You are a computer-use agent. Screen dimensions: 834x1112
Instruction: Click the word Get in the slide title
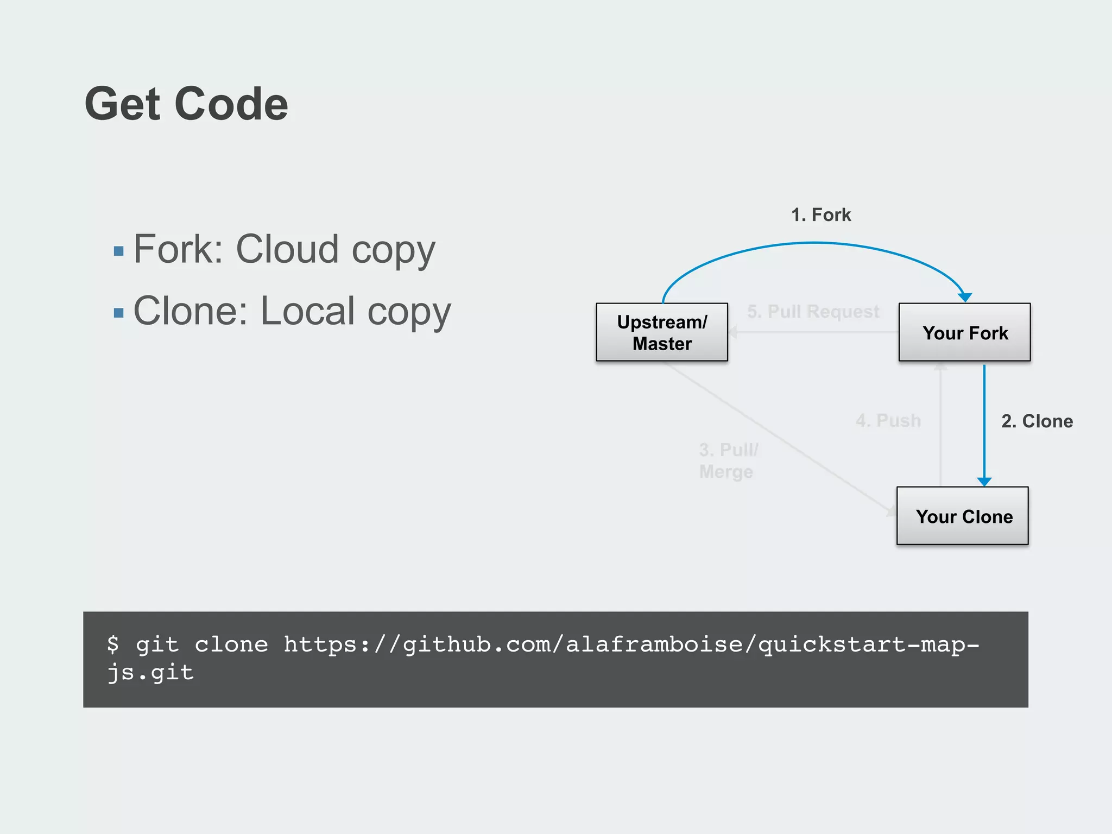122,104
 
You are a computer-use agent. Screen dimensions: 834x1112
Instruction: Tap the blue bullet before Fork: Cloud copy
118,251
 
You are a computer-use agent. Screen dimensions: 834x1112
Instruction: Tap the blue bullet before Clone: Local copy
118,313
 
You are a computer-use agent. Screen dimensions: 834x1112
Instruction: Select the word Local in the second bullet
308,311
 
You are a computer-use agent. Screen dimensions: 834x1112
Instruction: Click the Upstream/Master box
661,332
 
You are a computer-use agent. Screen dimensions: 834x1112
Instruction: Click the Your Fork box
964,332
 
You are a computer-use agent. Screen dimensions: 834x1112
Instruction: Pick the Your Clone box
962,516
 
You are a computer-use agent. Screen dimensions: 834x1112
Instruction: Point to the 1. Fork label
820,215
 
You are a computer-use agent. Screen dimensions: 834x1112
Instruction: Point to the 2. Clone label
1037,421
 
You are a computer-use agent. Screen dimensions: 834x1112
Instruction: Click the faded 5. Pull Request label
812,312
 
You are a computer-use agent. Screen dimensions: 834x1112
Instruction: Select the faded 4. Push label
888,421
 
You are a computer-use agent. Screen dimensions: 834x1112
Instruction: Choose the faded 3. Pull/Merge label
728,460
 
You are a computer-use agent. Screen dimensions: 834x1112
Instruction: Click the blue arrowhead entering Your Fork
965,297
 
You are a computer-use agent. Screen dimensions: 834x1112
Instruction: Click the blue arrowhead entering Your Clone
984,482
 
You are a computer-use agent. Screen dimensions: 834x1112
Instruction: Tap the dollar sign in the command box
113,644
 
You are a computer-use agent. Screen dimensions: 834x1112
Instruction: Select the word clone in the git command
231,645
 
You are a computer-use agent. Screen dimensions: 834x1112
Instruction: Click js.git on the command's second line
150,673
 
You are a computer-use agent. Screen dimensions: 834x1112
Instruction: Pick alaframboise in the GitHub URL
654,645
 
